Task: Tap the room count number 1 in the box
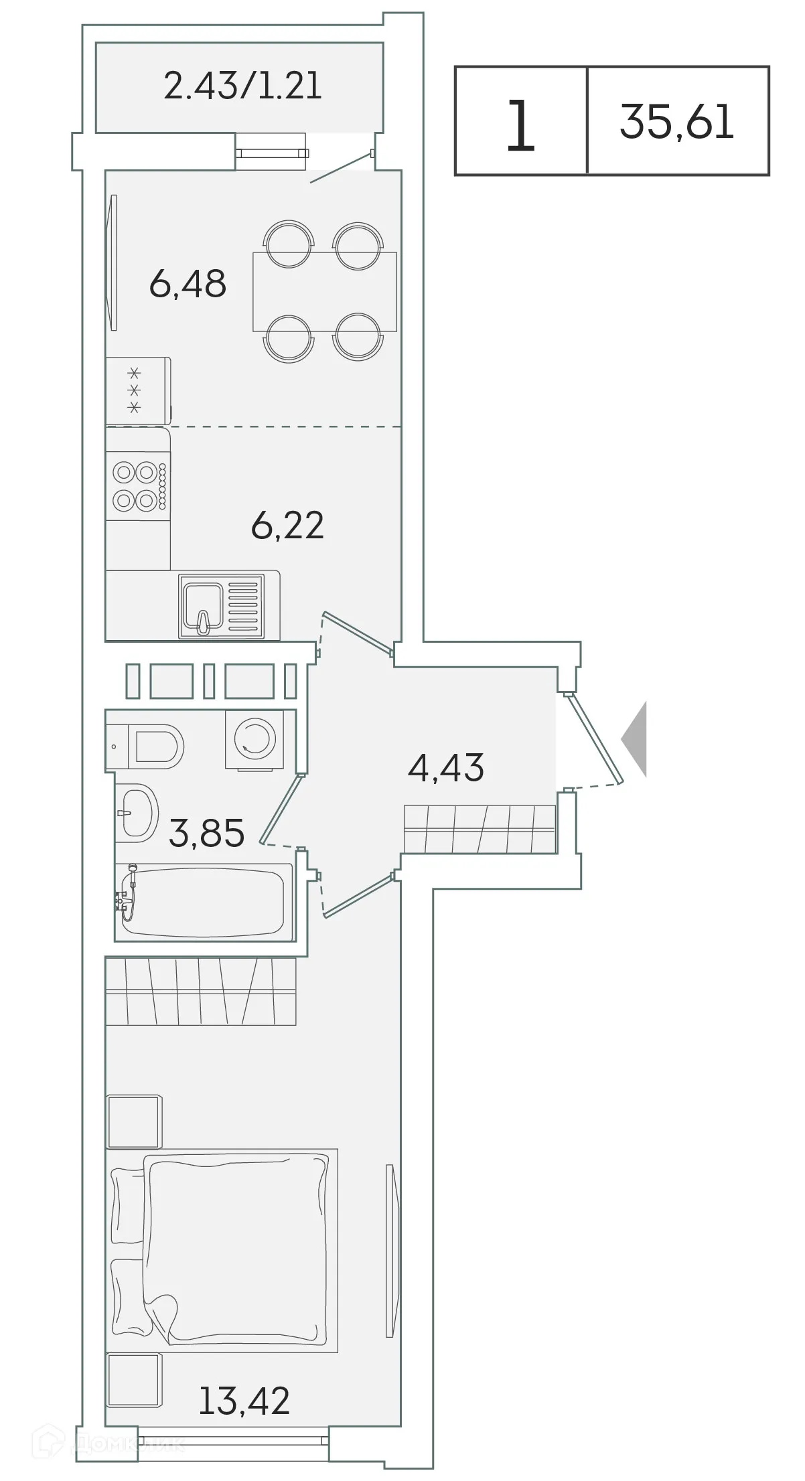point(520,125)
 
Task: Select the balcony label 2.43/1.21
point(242,86)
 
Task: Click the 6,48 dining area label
point(188,284)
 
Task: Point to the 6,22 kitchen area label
point(287,525)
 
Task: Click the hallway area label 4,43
point(445,767)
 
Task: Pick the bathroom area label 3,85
point(206,834)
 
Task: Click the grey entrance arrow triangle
point(636,739)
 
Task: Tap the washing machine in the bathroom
point(254,738)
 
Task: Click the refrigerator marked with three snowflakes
point(137,390)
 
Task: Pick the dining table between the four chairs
point(324,291)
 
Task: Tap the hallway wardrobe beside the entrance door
point(480,830)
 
